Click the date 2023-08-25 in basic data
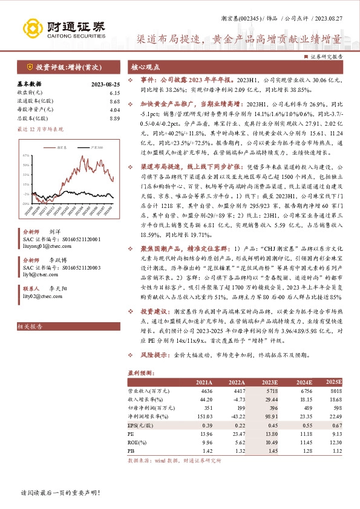coord(105,85)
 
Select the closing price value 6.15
coord(116,92)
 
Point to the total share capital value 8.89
coord(116,118)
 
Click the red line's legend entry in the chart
coord(60,146)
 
